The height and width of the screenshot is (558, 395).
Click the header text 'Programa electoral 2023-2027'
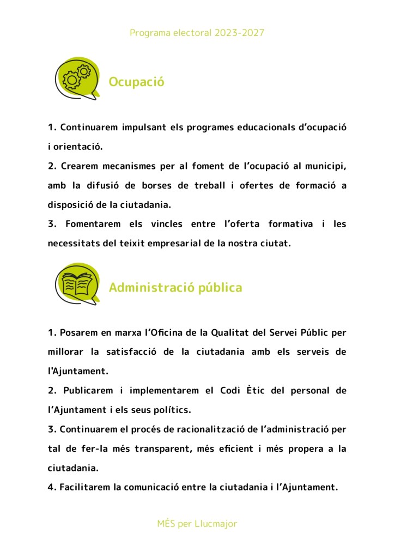[x=197, y=33]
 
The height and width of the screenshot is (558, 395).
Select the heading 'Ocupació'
[x=136, y=82]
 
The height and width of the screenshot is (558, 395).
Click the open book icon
[x=77, y=284]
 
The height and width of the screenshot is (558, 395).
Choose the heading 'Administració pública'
[x=175, y=287]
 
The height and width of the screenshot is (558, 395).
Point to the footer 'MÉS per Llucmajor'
[x=197, y=524]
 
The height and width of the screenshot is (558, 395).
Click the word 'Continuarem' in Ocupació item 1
[x=89, y=127]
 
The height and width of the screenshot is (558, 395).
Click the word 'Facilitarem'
[x=86, y=487]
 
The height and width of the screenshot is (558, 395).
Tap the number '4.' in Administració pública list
[x=52, y=487]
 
